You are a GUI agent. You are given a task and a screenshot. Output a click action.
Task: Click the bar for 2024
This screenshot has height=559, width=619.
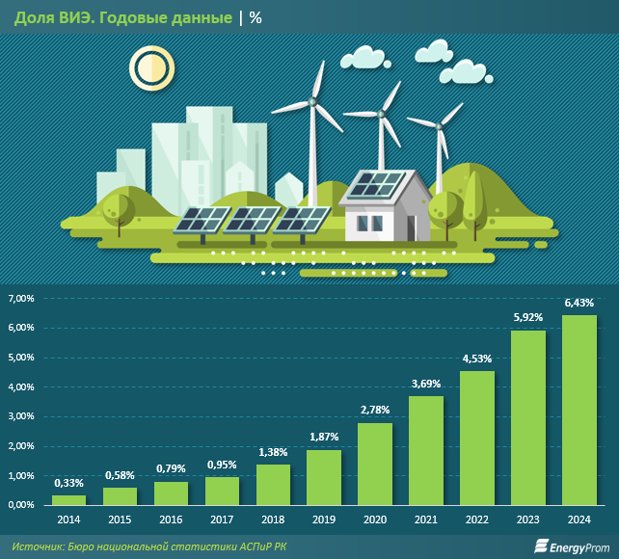coord(579,410)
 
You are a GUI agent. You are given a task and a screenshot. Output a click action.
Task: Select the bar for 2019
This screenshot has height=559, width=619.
coord(324,477)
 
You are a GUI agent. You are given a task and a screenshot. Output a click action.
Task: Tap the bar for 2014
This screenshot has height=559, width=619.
coord(68,499)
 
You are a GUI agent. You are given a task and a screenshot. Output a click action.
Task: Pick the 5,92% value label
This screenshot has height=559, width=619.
coord(528,317)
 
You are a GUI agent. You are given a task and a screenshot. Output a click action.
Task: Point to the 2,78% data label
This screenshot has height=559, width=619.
coord(375,410)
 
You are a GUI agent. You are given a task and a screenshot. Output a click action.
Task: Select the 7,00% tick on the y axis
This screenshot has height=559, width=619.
coord(21,299)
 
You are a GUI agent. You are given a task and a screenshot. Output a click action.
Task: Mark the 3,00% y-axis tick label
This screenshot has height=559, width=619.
coord(21,416)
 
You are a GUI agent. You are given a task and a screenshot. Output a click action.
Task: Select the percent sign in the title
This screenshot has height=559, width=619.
coord(256,17)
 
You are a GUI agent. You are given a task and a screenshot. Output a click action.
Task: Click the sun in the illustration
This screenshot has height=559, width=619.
coord(149,69)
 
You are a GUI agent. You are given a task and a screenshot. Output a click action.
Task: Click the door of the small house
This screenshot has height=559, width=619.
coord(412,226)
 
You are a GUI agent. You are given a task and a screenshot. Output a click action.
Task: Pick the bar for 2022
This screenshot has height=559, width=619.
coord(477,438)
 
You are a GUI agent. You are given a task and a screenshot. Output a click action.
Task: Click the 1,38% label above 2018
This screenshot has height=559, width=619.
coord(273,451)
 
